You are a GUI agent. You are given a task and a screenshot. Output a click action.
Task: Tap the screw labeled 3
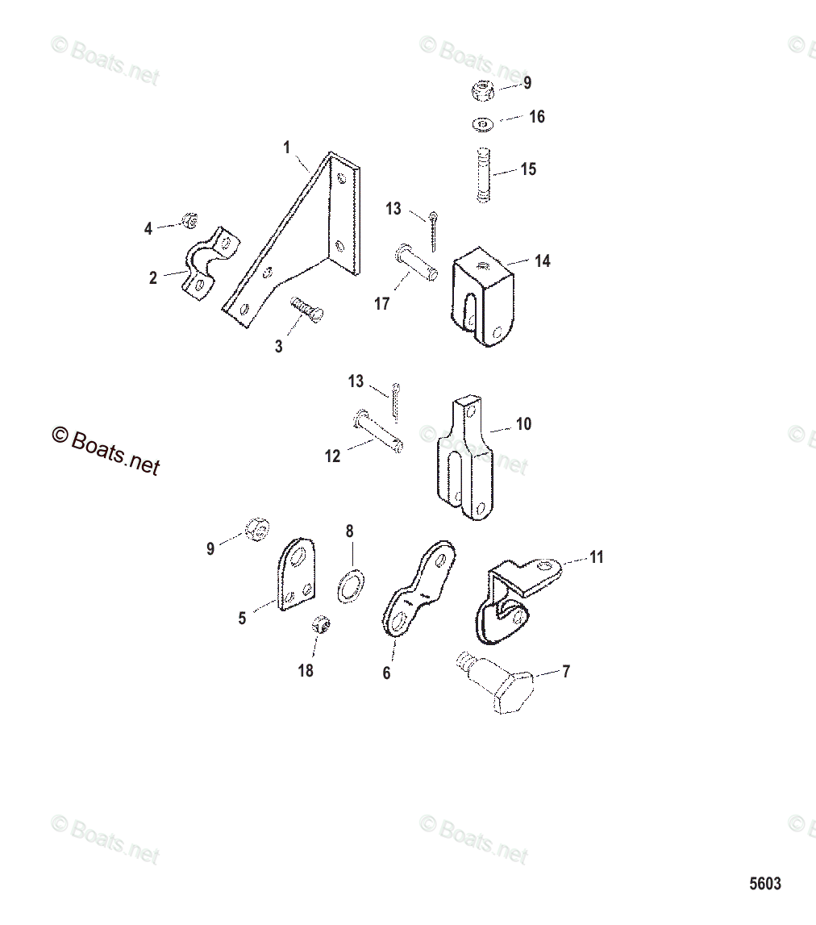click(307, 309)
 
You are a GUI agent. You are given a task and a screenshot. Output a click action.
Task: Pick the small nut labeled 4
click(189, 221)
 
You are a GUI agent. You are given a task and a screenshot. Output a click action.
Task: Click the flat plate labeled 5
click(296, 574)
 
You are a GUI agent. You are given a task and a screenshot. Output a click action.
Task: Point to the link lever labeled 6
click(419, 588)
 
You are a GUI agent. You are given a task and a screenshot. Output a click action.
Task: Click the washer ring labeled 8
click(351, 586)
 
